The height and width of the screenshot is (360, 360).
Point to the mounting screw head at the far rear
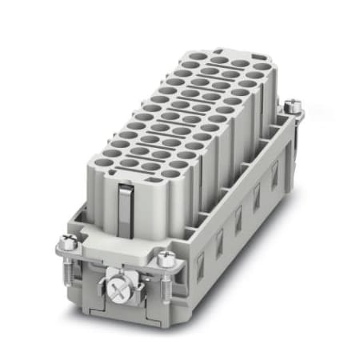point(294,104)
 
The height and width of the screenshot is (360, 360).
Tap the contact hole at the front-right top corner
point(170,171)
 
